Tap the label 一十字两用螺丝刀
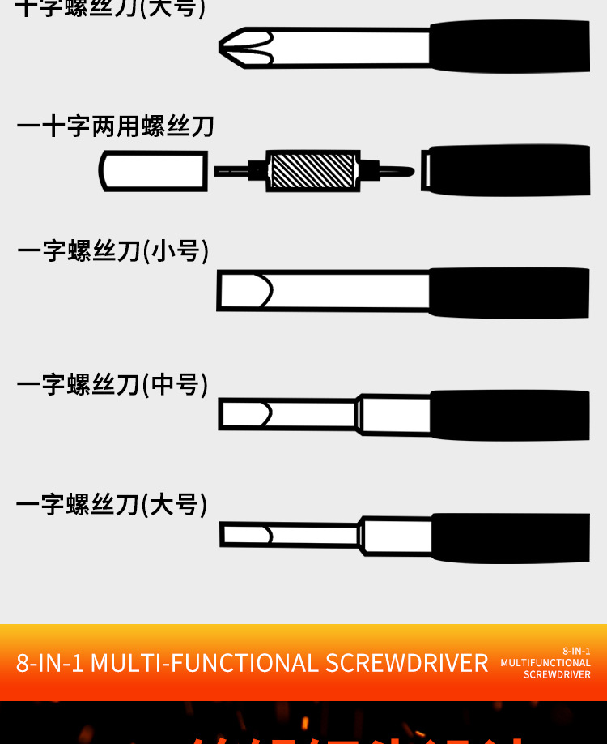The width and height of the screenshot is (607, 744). (x=115, y=127)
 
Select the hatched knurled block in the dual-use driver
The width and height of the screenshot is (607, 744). (x=312, y=170)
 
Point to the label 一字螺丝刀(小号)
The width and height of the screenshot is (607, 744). (x=113, y=250)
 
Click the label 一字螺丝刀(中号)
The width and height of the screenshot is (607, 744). (x=112, y=384)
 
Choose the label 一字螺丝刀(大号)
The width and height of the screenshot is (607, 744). (x=112, y=505)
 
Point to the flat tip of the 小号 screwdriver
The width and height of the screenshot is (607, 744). (x=244, y=290)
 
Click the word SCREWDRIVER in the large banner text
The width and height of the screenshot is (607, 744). (x=407, y=663)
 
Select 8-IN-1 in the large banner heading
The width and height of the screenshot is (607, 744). (x=50, y=663)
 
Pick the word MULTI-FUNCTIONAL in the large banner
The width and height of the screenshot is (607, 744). (x=205, y=663)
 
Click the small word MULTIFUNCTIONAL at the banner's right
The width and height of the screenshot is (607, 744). (x=545, y=663)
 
